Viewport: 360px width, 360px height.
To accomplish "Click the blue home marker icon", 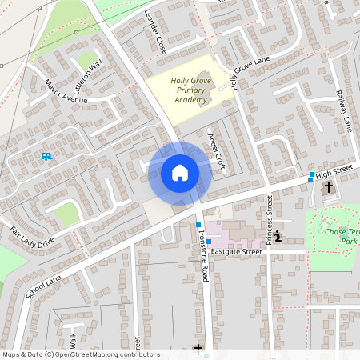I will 180,173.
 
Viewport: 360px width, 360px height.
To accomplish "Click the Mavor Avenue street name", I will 66,94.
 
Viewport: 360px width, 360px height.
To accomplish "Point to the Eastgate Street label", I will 238,251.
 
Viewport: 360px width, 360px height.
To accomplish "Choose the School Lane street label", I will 43,284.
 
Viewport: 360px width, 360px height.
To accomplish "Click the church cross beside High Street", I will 328,188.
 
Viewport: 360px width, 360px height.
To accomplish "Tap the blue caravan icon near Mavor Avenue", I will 46,156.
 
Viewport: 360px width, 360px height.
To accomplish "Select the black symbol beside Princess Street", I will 277,237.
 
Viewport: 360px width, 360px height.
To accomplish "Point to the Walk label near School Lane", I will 71,340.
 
